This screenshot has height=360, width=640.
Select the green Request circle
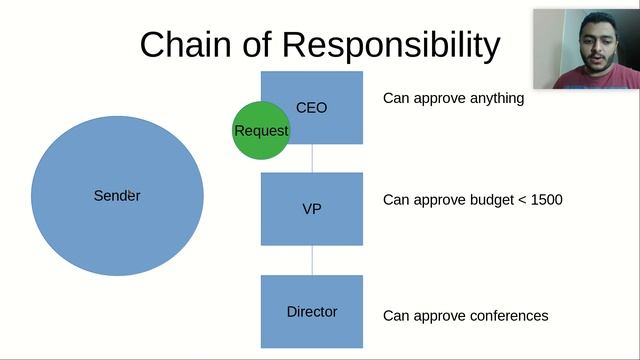coord(260,130)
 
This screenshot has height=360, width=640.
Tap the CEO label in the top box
coord(312,107)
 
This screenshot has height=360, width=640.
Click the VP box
coord(312,209)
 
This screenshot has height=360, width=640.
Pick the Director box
coord(312,311)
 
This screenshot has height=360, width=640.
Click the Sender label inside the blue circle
coord(116,195)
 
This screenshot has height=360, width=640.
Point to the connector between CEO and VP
coord(312,158)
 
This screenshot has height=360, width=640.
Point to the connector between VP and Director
coord(312,260)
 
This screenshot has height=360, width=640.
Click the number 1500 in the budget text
coord(546,200)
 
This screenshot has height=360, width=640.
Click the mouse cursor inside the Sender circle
coord(131,192)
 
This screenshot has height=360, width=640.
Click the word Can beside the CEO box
coord(396,99)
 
